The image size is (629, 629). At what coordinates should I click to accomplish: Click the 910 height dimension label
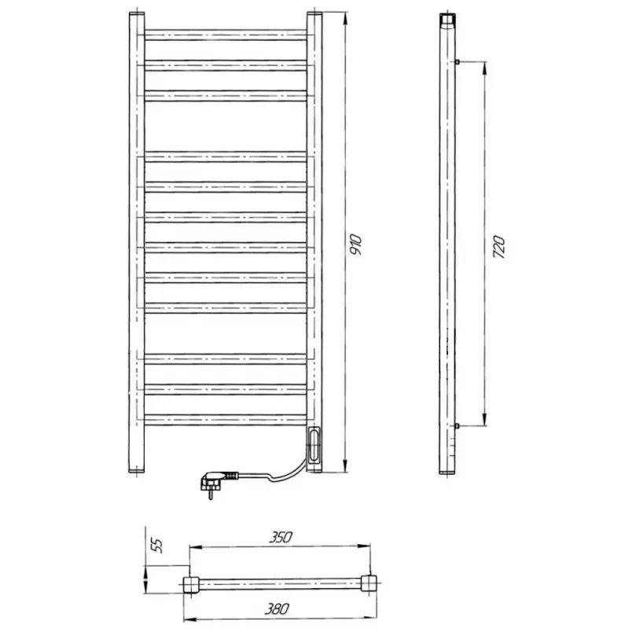[x=356, y=245]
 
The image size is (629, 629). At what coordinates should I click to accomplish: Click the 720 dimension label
[x=498, y=247]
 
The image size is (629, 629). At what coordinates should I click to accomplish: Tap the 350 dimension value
[x=281, y=537]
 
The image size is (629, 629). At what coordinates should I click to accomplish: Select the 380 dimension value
[x=277, y=609]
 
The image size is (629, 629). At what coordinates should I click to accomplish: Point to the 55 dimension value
[x=157, y=546]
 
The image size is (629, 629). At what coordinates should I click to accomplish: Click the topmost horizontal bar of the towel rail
[x=226, y=35]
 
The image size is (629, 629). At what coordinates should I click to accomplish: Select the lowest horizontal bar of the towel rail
[x=226, y=420]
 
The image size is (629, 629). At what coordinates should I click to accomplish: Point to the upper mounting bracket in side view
[x=458, y=62]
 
